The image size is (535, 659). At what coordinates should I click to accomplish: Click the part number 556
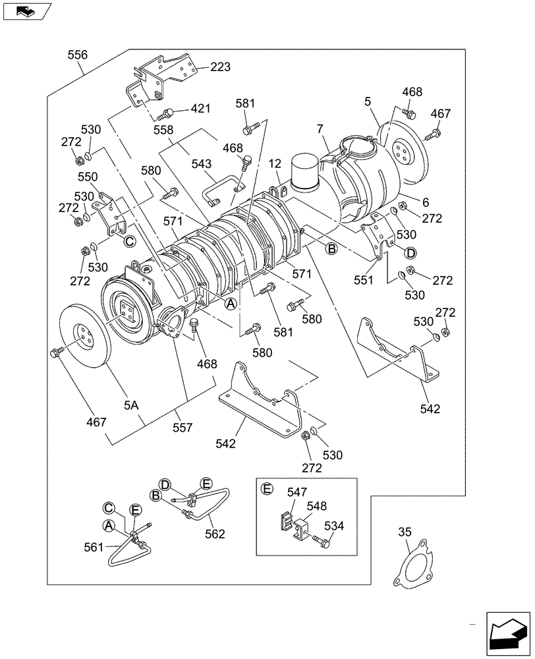(x=77, y=56)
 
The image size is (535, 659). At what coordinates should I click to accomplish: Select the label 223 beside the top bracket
(x=221, y=67)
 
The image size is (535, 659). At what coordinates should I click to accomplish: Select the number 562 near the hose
(x=215, y=534)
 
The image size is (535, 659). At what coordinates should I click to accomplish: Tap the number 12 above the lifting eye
(x=274, y=163)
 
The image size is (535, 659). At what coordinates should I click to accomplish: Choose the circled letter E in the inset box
(x=267, y=489)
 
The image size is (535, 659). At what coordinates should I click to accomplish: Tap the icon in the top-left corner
(x=26, y=11)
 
